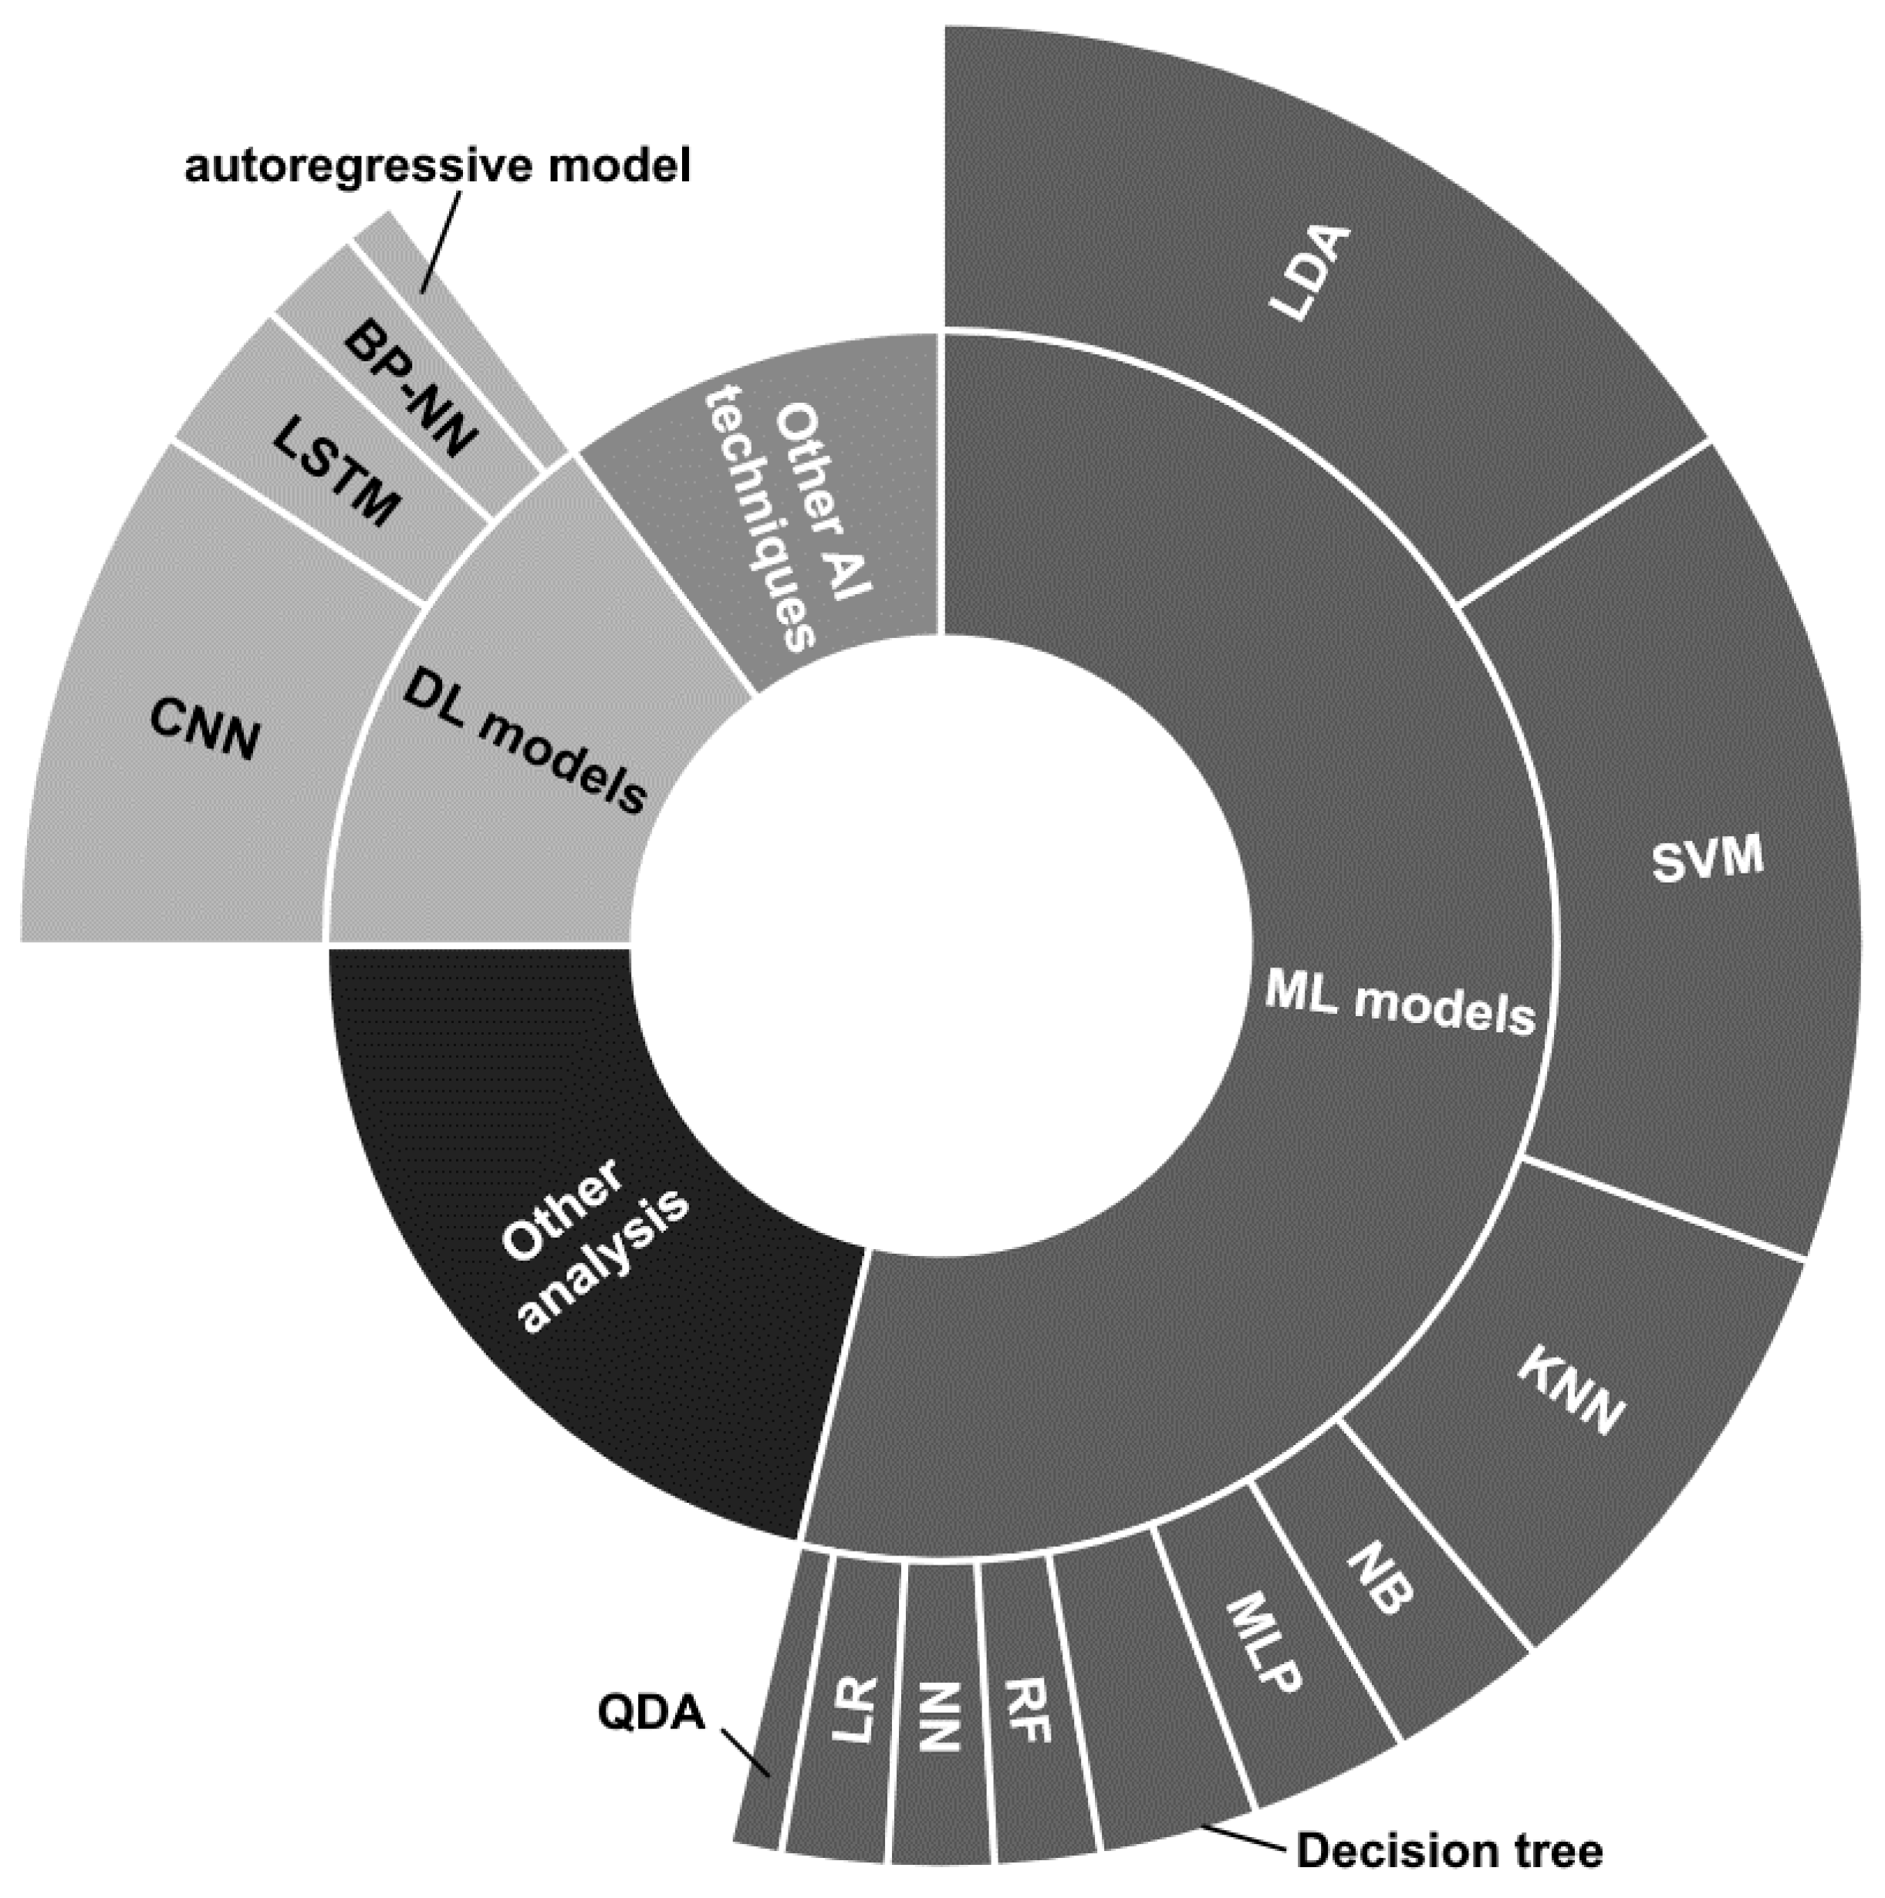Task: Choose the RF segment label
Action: point(1028,1710)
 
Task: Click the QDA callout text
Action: point(651,1714)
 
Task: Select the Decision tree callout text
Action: point(1450,1852)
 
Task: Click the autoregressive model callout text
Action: point(438,166)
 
